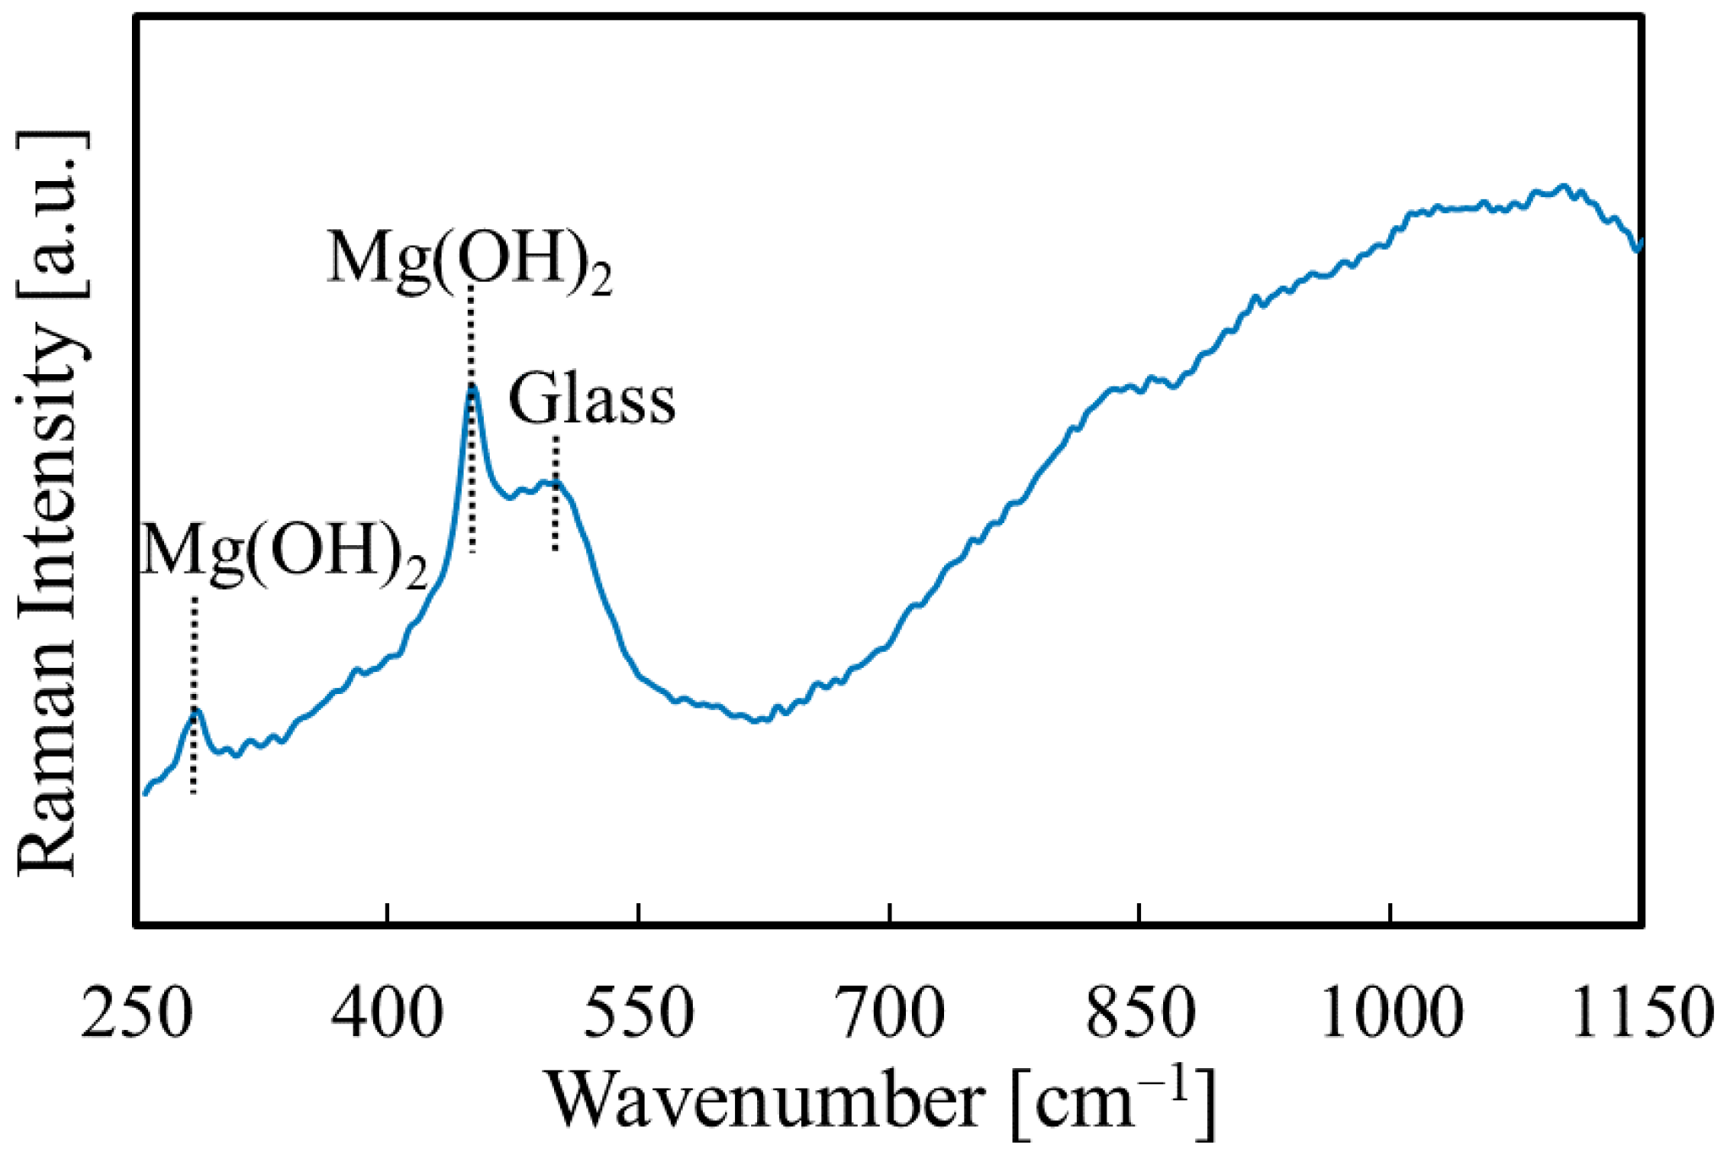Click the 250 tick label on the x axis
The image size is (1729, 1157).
point(135,1013)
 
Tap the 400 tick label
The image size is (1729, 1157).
point(387,1013)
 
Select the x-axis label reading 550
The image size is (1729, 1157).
point(639,1013)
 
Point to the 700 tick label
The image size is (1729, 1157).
point(889,1013)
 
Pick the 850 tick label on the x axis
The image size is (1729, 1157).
point(1140,1013)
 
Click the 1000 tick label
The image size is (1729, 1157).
point(1391,1013)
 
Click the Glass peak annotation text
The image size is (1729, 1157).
point(592,399)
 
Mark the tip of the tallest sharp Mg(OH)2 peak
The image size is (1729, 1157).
point(473,387)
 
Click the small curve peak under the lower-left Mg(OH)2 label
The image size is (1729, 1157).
point(195,712)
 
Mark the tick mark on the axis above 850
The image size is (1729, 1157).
point(1140,914)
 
